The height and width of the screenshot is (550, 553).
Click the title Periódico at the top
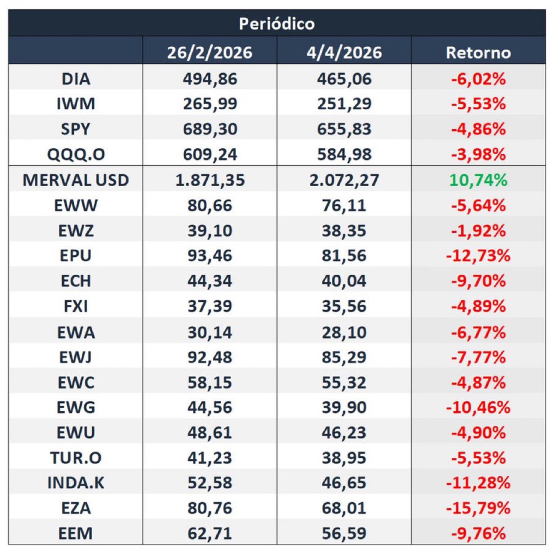click(x=276, y=23)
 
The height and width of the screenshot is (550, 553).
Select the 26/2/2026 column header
click(x=210, y=53)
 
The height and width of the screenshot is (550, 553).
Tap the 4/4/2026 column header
click(x=344, y=53)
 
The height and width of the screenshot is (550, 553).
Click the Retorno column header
click(x=478, y=53)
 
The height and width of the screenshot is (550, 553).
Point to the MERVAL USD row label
click(x=76, y=180)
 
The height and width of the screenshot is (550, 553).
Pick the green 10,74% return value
click(x=478, y=180)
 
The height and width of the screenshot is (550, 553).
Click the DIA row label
click(x=76, y=79)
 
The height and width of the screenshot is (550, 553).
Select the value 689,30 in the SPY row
click(x=210, y=130)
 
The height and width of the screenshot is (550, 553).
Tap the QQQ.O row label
click(x=76, y=155)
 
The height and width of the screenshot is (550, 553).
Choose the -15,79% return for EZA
click(x=478, y=508)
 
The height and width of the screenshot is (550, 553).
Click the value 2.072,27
click(x=344, y=180)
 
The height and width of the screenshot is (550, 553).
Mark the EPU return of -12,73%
click(x=478, y=256)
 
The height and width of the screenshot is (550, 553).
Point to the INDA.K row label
click(x=76, y=483)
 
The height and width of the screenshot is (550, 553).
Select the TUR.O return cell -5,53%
click(x=478, y=458)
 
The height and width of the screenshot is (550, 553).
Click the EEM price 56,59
click(x=344, y=533)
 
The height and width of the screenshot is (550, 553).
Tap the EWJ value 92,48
click(x=210, y=357)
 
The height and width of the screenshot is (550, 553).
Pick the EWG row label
click(x=76, y=407)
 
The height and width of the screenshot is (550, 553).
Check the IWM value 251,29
click(x=344, y=104)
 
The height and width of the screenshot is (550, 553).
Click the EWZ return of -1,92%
click(x=478, y=231)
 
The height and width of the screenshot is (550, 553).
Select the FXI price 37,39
click(x=210, y=306)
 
